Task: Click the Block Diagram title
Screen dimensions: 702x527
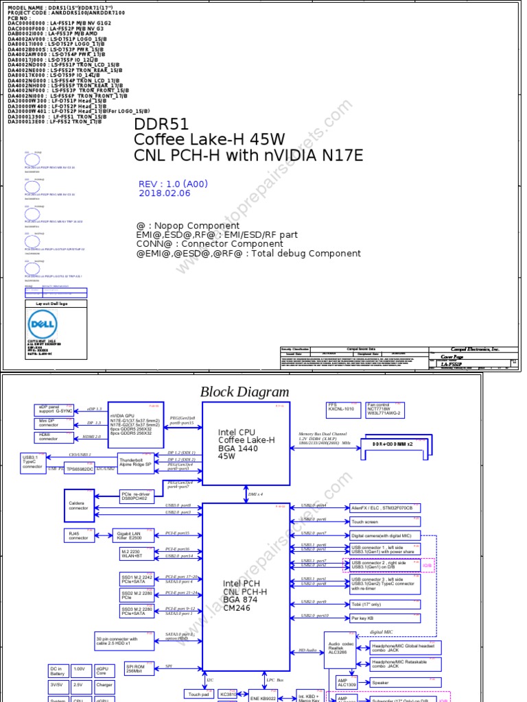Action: (x=244, y=392)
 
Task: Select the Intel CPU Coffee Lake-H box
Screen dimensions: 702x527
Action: (x=246, y=445)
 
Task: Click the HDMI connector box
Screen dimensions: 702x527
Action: (x=55, y=437)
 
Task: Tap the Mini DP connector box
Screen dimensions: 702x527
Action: (x=55, y=423)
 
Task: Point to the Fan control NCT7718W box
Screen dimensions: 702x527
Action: (x=385, y=410)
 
